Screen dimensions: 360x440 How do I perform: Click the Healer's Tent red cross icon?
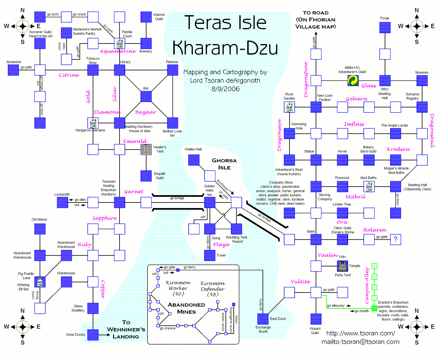[146, 149]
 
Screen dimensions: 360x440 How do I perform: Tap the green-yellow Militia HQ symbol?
[353, 80]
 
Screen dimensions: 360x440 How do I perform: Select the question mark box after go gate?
[395, 239]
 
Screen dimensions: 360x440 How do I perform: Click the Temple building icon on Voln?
[342, 266]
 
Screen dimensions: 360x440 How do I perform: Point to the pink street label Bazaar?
[146, 112]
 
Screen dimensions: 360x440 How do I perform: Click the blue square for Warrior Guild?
[146, 17]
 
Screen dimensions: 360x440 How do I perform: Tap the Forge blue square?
[385, 28]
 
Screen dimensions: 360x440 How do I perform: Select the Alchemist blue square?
[13, 70]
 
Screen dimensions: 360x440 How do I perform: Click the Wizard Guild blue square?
[316, 319]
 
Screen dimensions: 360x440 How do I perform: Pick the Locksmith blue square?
[62, 202]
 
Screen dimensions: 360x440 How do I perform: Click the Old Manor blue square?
[40, 229]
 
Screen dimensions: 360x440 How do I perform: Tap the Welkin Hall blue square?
[194, 160]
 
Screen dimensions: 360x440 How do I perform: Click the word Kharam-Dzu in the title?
[225, 48]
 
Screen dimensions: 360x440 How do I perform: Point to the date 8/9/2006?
[225, 89]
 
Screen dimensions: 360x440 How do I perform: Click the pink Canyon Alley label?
[366, 286]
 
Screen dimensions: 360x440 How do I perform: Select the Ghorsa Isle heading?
[224, 164]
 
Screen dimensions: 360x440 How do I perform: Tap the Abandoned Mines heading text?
[186, 308]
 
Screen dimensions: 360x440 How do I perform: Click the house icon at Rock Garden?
[289, 107]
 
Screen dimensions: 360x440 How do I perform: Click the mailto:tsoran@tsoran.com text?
[360, 342]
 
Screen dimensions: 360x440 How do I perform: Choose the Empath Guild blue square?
[146, 176]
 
